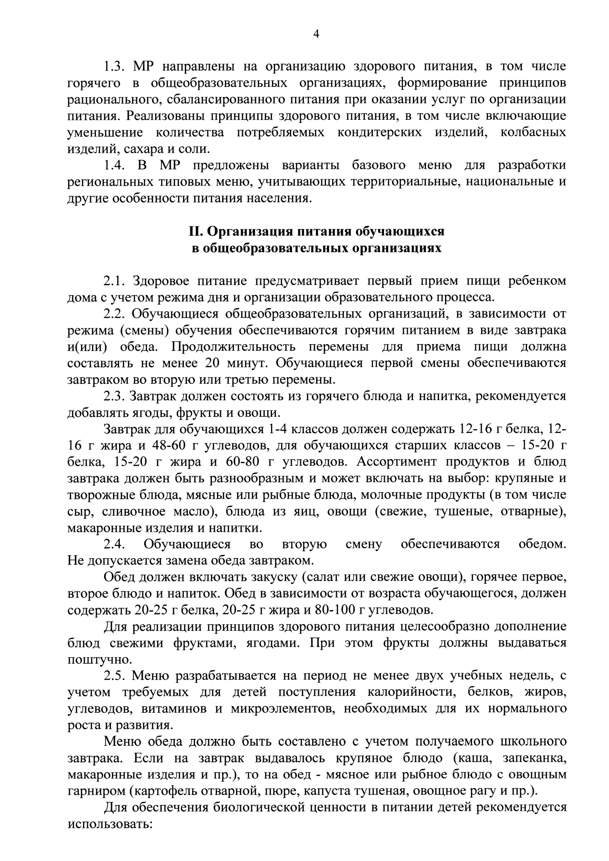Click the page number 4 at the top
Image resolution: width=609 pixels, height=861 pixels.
point(316,35)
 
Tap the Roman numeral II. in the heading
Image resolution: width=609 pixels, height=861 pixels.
point(196,231)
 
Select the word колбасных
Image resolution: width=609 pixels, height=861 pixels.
point(533,132)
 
